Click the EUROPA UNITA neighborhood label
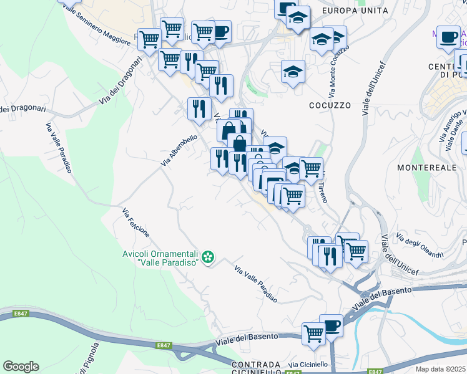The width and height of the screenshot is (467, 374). pos(355,11)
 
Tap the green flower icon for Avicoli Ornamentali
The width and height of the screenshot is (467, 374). pos(209,257)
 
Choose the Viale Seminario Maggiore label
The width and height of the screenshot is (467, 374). pos(96,24)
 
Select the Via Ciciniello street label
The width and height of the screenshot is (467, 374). pos(308,364)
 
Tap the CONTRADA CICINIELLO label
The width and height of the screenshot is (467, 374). pos(256,368)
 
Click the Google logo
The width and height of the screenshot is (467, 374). pos(21,367)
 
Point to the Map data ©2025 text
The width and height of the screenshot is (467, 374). pos(440,369)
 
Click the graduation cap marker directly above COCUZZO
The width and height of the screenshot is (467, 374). pos(293,72)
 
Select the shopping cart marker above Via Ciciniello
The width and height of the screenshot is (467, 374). pos(313,333)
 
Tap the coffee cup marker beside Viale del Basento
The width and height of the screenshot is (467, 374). pos(331,325)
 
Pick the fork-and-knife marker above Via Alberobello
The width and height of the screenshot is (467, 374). pos(199,108)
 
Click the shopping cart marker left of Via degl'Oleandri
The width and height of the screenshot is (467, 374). pos(355,251)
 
